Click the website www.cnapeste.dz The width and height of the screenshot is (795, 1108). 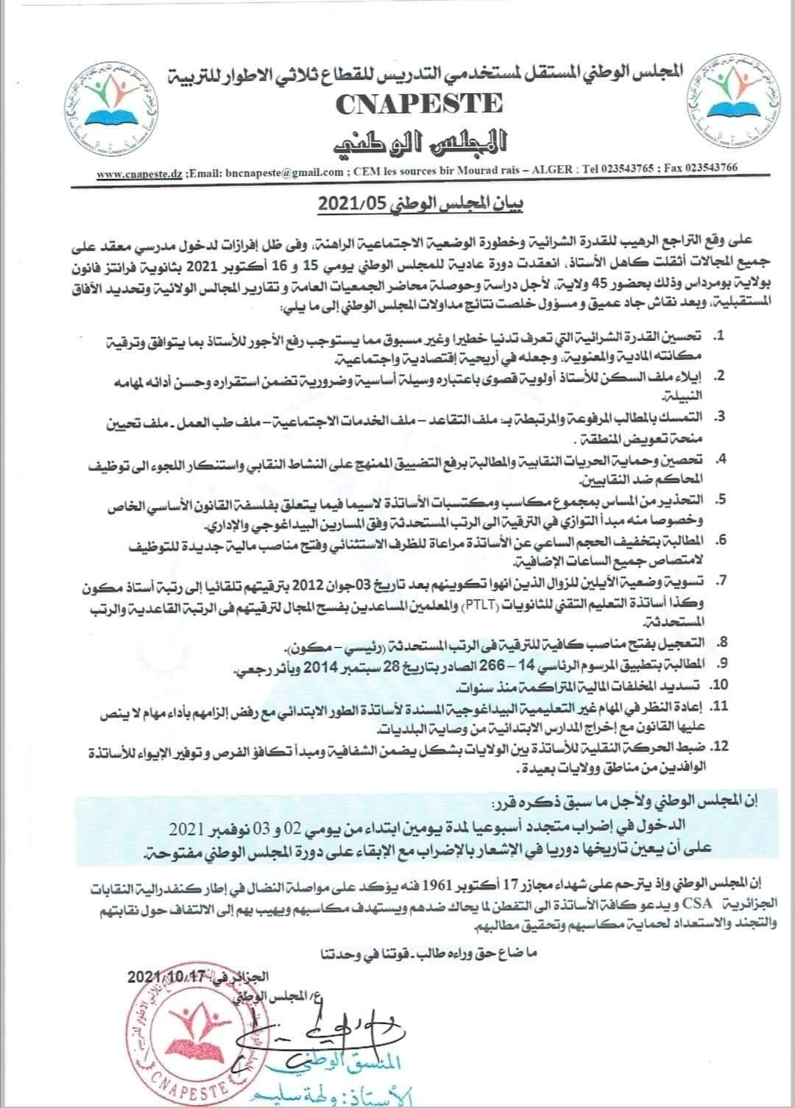[140, 172]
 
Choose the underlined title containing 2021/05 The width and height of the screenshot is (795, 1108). [397, 205]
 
